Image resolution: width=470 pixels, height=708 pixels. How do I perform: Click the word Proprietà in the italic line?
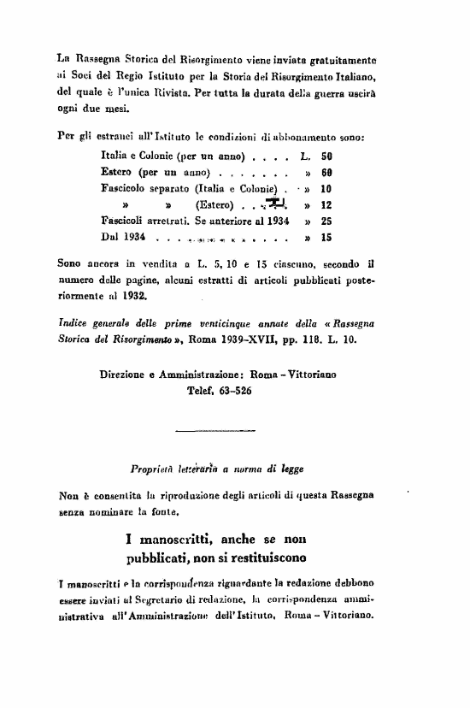pyautogui.click(x=153, y=469)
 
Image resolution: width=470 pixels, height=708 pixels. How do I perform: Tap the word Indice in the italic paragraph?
pyautogui.click(x=73, y=322)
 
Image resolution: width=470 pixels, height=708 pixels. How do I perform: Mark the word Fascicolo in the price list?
pyautogui.click(x=126, y=188)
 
